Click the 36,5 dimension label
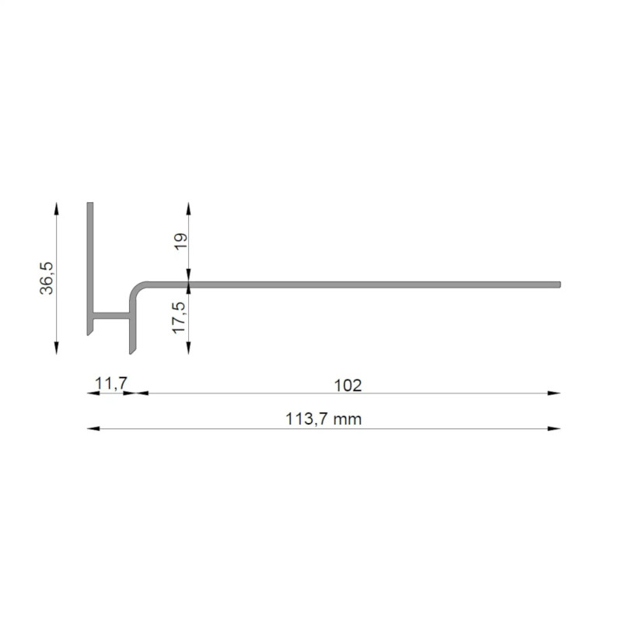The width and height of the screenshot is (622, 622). (x=47, y=278)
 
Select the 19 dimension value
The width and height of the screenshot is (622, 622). (x=181, y=241)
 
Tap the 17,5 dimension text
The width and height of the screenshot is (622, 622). (x=179, y=317)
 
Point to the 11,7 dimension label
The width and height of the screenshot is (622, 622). (x=111, y=383)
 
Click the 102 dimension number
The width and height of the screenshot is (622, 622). (x=348, y=386)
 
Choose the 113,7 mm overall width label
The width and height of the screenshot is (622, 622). (x=323, y=419)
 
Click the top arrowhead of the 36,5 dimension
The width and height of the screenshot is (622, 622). (x=56, y=208)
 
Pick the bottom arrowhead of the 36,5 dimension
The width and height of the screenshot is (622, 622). (x=56, y=348)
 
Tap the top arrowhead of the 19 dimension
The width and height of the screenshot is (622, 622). (x=188, y=208)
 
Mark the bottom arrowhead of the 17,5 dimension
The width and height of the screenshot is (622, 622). (x=188, y=348)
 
